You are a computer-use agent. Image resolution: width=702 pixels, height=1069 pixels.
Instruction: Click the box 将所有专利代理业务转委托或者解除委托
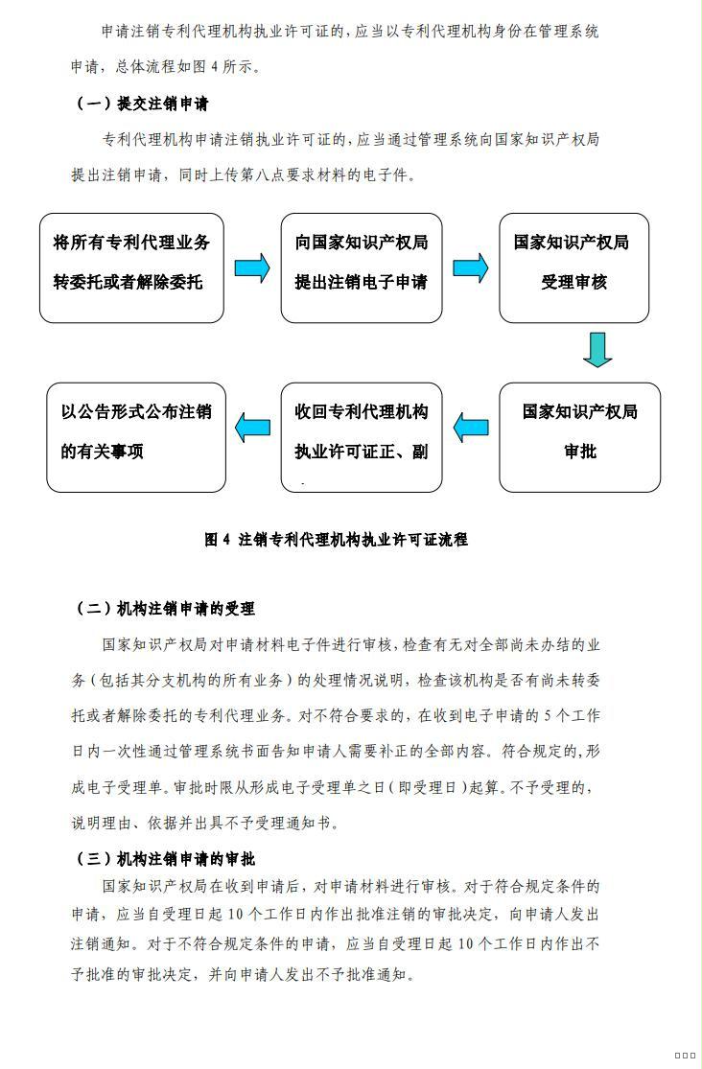[x=131, y=267]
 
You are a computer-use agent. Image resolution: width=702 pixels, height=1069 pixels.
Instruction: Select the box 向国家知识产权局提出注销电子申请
[x=362, y=267]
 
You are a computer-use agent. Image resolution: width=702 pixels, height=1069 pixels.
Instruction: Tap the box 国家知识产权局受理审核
[x=573, y=267]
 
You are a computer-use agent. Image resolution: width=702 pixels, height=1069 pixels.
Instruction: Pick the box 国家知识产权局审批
[x=580, y=438]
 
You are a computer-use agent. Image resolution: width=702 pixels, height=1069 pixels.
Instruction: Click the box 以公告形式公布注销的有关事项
[x=136, y=438]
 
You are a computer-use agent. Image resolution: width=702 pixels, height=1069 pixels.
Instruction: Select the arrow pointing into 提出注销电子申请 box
[x=252, y=267]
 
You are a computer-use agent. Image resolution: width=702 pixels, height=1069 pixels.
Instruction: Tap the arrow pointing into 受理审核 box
[x=471, y=267]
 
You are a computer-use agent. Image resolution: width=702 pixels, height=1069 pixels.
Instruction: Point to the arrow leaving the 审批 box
[x=471, y=428]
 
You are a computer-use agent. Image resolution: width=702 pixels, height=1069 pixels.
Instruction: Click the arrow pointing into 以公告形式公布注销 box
[x=252, y=428]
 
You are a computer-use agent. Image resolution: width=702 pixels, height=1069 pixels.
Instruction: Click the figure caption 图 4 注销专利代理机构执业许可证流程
[x=337, y=539]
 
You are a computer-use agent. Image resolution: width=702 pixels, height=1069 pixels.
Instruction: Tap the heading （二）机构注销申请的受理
[x=163, y=609]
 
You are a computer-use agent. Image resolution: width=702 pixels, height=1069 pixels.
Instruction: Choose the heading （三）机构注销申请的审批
[x=163, y=859]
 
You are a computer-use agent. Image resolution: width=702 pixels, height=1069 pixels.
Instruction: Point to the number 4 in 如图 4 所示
[x=215, y=67]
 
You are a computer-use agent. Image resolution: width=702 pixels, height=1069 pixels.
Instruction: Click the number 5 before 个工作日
[x=549, y=716]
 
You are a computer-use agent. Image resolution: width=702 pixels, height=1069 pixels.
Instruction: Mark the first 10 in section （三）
[x=235, y=915]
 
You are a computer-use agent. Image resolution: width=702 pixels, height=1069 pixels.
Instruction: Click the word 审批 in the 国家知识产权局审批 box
[x=580, y=452]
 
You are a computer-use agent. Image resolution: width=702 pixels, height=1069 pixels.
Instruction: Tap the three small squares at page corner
[x=685, y=1056]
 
